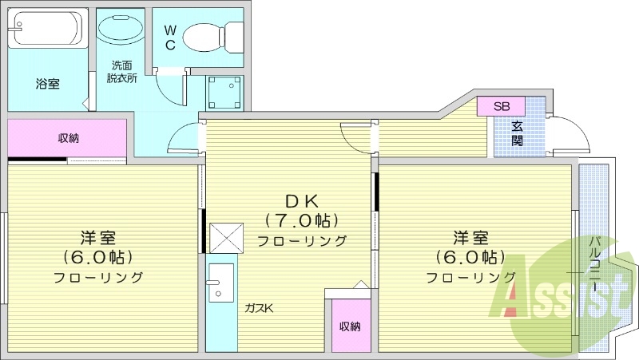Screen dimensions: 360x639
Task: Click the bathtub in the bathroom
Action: (46, 29)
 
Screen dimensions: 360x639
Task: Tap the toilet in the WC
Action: (212, 35)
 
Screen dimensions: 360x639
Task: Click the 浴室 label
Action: (47, 83)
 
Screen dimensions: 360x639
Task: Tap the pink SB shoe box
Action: (501, 106)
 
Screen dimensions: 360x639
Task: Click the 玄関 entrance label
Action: (518, 133)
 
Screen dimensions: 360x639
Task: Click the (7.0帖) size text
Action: (303, 220)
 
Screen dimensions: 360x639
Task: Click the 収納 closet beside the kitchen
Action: (349, 325)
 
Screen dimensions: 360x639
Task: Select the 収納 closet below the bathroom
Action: (68, 138)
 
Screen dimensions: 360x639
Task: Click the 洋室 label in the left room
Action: (98, 238)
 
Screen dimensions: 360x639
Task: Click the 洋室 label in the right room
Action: (470, 238)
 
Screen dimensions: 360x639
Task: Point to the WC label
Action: (171, 36)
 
